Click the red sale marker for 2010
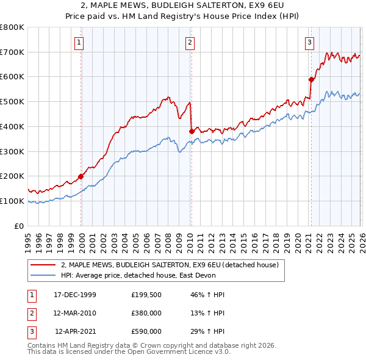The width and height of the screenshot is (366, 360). point(192,131)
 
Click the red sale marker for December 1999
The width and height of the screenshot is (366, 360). point(81,176)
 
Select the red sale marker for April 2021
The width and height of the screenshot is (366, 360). point(311,79)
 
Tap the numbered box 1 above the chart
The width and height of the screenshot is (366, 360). point(80,43)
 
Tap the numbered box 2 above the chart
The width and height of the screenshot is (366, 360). point(190,43)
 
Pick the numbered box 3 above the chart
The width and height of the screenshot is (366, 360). point(310,43)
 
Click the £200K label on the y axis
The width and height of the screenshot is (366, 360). point(12,176)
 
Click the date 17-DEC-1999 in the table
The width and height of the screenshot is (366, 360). point(75,295)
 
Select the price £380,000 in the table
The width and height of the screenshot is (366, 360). point(146,313)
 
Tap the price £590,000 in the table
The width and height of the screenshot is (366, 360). point(146,331)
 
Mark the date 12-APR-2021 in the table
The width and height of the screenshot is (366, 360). point(75,331)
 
